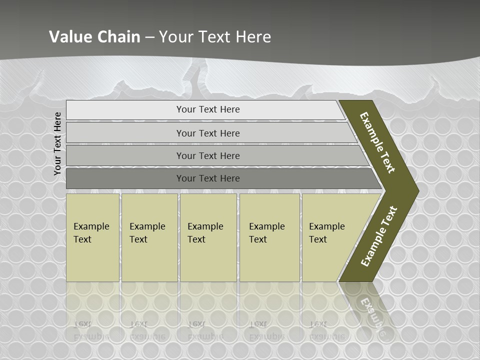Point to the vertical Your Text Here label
57,143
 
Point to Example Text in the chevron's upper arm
377,142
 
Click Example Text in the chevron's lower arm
379,236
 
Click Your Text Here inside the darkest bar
208,178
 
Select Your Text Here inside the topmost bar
208,109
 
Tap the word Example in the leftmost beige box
91,226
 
